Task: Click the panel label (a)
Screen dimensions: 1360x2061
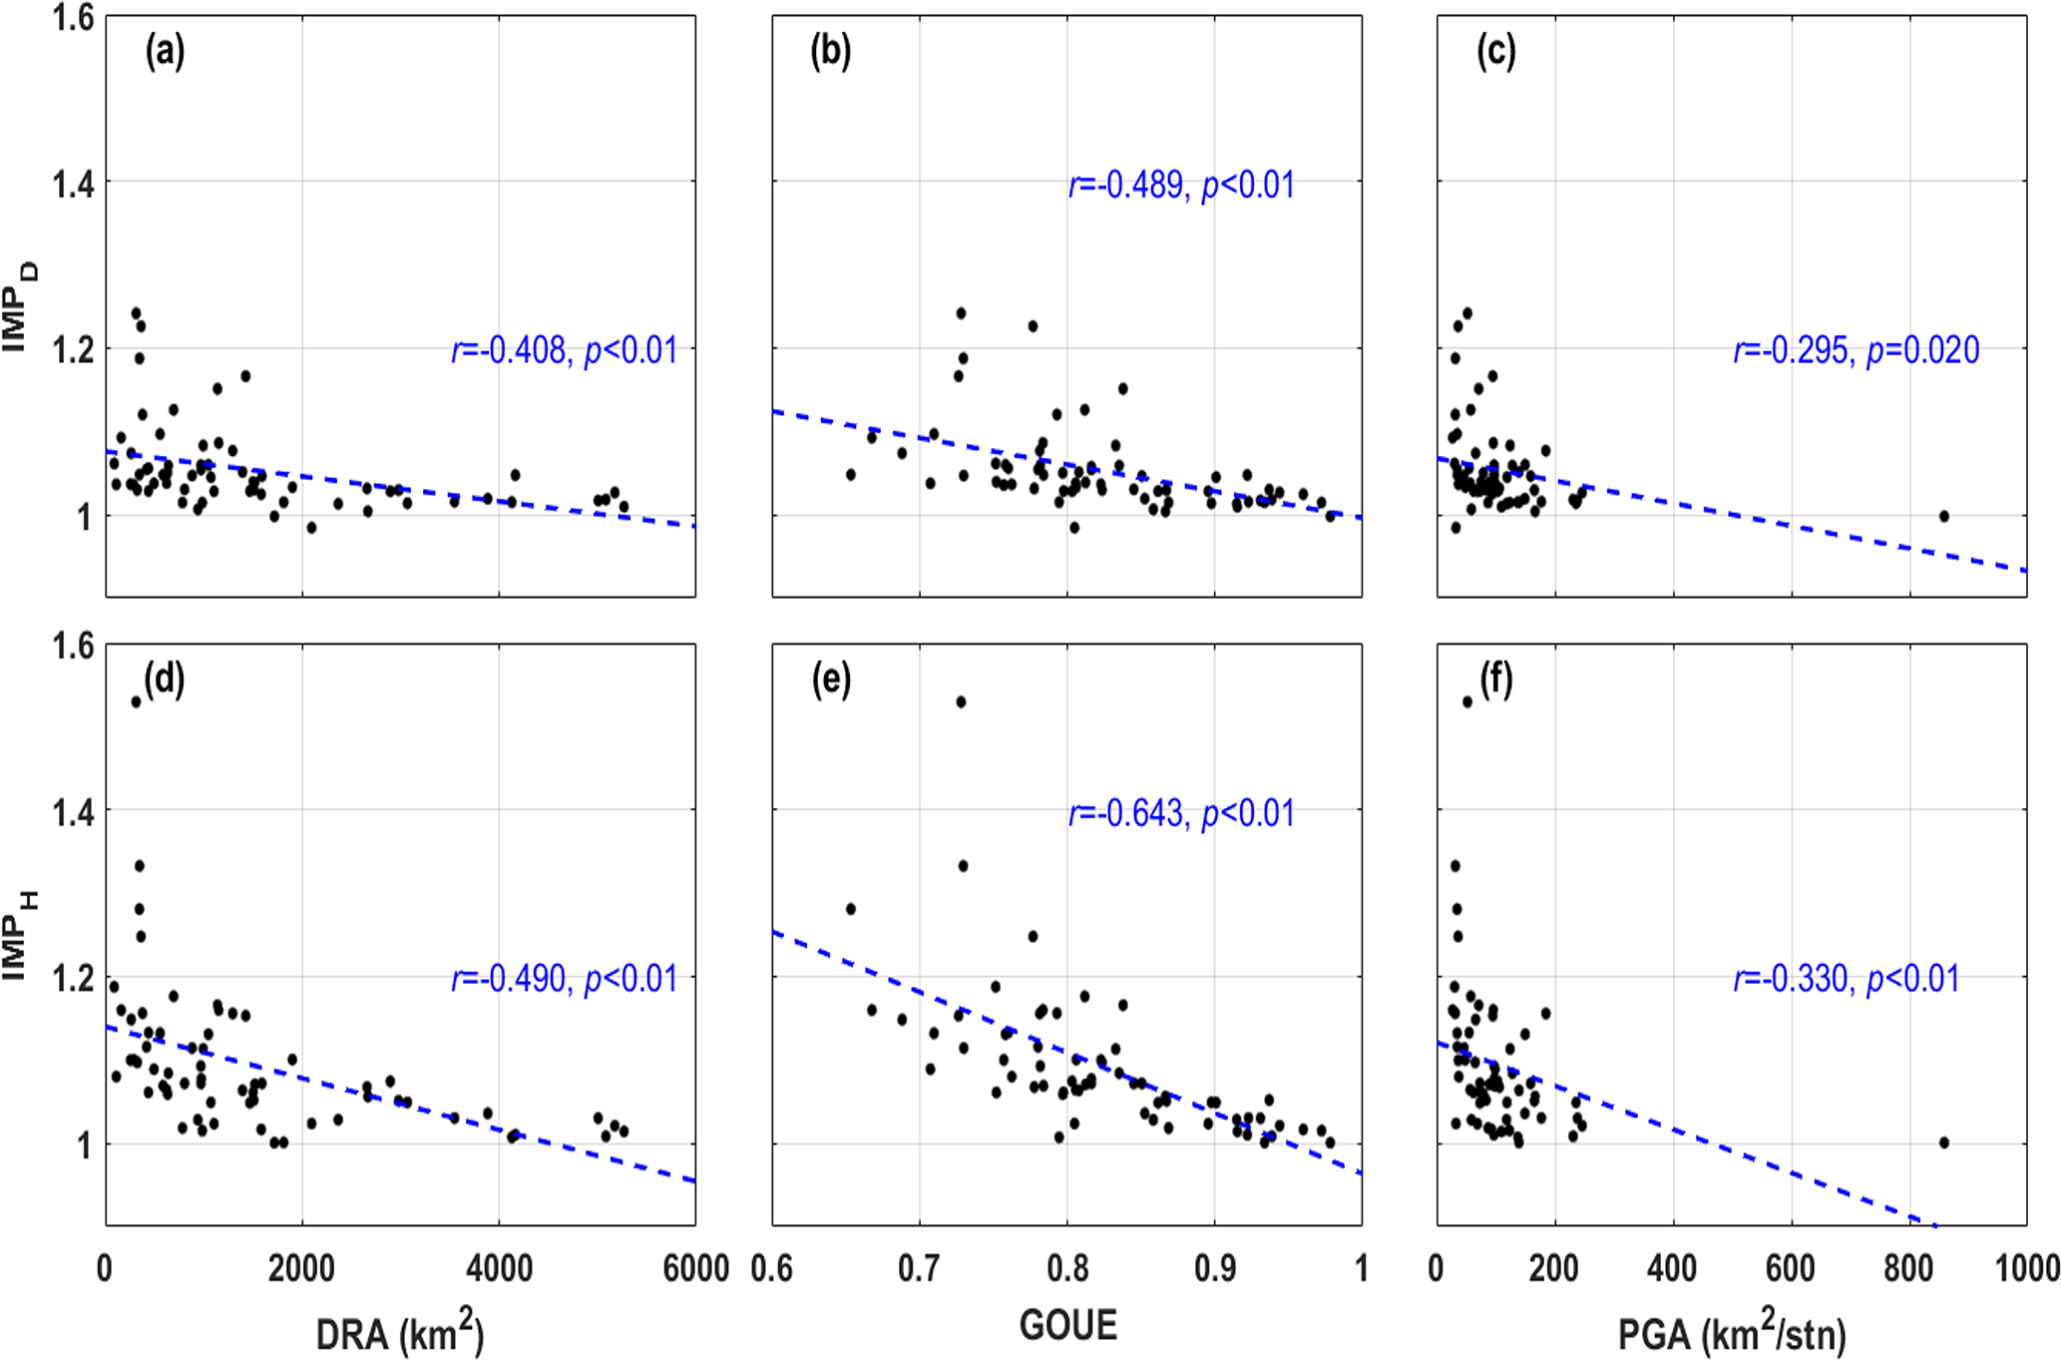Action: click(x=165, y=52)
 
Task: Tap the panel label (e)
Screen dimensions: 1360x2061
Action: click(x=830, y=680)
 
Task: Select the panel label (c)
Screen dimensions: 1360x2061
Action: click(x=1495, y=52)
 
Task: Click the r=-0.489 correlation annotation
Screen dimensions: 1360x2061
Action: click(x=1181, y=186)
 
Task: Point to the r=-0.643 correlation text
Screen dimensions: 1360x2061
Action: click(x=1181, y=814)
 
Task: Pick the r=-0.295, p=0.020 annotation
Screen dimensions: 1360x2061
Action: click(x=1855, y=350)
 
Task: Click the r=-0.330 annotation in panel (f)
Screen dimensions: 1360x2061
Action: click(x=1846, y=979)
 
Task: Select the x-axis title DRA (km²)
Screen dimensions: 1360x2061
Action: click(x=399, y=1333)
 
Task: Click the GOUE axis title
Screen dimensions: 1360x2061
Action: click(x=1067, y=1325)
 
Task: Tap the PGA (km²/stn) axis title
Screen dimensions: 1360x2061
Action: click(x=1731, y=1333)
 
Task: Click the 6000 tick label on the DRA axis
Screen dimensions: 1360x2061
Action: click(x=695, y=1268)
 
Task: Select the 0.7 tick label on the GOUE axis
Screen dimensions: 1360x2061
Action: click(x=919, y=1268)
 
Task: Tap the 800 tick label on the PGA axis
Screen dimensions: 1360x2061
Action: click(x=1908, y=1268)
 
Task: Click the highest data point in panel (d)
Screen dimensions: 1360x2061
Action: click(x=136, y=701)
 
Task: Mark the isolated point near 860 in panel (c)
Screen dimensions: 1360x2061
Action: click(x=1943, y=516)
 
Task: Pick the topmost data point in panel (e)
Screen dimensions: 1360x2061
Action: click(x=961, y=701)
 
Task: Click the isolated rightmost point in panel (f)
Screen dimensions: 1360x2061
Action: click(x=1943, y=1142)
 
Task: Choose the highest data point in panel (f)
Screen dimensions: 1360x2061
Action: click(x=1466, y=701)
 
